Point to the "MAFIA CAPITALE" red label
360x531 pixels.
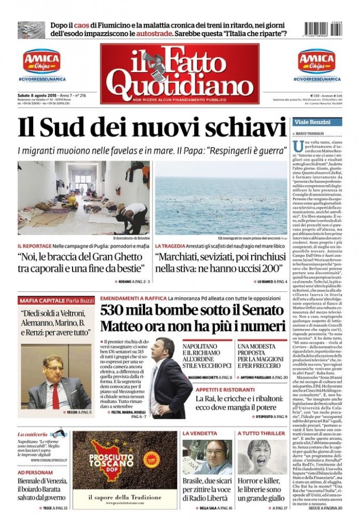click(x=41, y=299)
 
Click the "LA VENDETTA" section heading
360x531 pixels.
click(x=199, y=433)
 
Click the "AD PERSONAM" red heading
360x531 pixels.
click(x=35, y=473)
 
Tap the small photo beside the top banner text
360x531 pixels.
click(x=31, y=30)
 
